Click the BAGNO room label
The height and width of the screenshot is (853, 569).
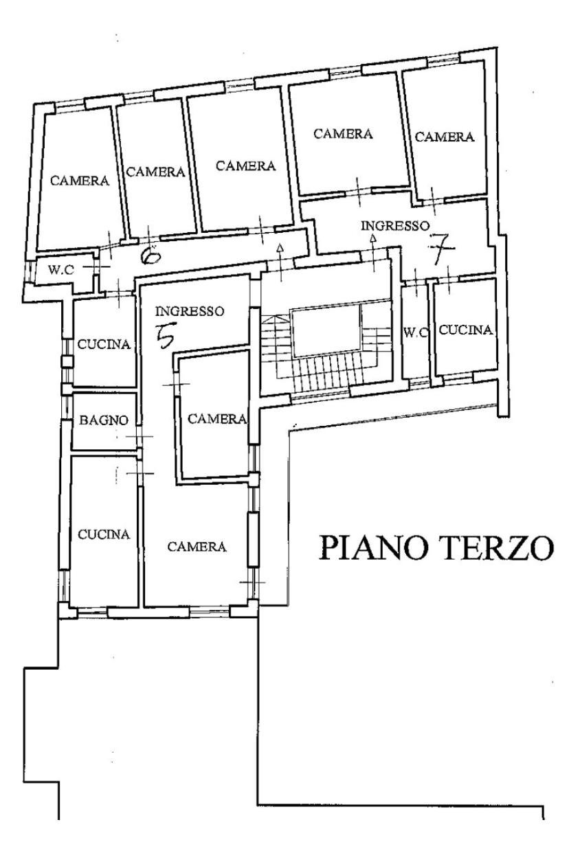point(104,421)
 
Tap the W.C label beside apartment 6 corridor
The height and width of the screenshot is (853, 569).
point(61,270)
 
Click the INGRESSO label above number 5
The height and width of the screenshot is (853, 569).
point(190,312)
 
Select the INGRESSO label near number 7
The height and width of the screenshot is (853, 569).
point(395,226)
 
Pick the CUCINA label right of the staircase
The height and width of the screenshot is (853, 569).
point(466,330)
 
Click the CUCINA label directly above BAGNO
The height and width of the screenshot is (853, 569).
point(104,345)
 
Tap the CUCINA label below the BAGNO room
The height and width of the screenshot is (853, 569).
point(104,534)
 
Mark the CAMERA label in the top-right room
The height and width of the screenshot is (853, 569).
point(445,137)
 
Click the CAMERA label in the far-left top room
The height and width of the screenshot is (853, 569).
point(80,181)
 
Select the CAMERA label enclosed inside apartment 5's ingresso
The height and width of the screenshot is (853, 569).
point(217,419)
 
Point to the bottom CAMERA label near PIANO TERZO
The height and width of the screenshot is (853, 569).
point(197,547)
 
